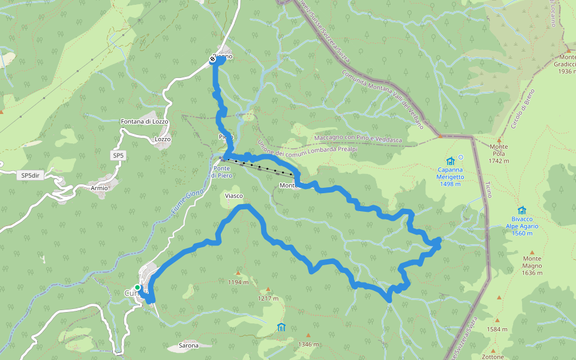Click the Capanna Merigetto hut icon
pos(451,161)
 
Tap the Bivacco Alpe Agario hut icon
pos(521,211)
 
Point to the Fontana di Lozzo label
pos(145,122)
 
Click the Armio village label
pos(100,188)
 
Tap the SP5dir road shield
pos(29,175)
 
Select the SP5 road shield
pos(118,155)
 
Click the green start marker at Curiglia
pos(137,288)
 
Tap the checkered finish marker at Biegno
pos(212,59)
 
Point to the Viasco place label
pos(233,196)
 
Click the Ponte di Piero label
pos(221,172)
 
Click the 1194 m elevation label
pos(238,282)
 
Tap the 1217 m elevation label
pos(268,298)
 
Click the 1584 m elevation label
pos(497,329)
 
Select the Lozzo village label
pos(163,139)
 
